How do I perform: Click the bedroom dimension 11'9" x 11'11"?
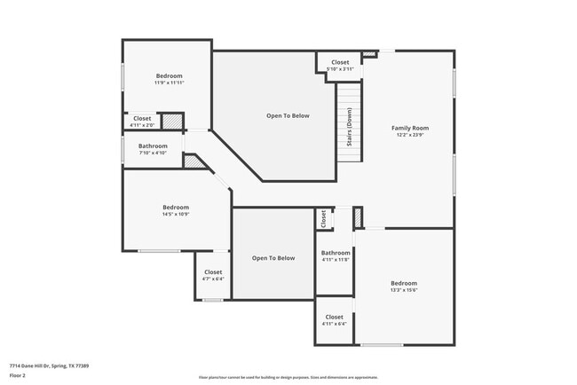[x=169, y=82]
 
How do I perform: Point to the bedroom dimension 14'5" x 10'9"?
[x=176, y=214]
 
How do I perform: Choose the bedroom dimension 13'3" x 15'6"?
[x=403, y=289]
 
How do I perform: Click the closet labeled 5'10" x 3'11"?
[x=340, y=69]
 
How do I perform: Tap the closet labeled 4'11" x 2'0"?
[x=142, y=125]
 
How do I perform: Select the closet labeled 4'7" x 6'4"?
[x=213, y=279]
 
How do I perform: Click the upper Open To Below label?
[x=288, y=115]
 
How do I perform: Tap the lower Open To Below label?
[x=273, y=258]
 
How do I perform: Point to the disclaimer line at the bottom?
[x=288, y=378]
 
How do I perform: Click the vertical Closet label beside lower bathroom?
[x=322, y=217]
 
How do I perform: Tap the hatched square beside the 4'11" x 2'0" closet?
[x=171, y=122]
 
